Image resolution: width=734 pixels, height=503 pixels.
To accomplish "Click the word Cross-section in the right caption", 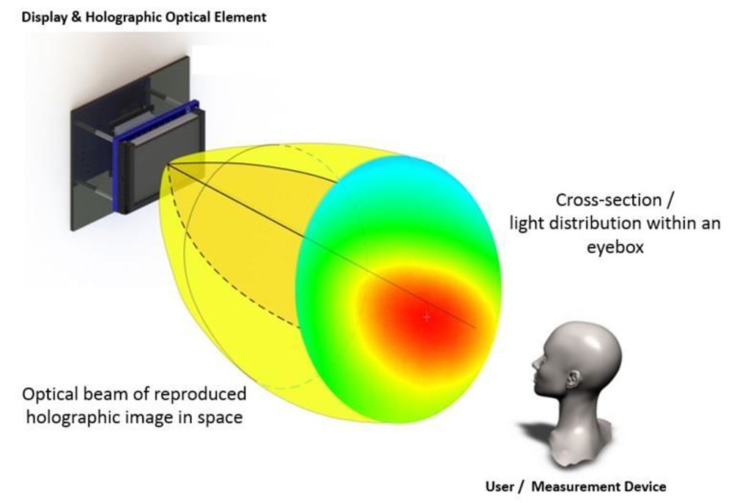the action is point(609,200).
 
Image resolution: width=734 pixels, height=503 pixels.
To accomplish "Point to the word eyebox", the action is point(615,247).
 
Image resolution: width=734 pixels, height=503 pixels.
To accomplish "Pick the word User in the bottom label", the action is point(500,487).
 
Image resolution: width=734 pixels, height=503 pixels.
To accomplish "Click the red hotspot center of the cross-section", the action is point(426,317).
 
